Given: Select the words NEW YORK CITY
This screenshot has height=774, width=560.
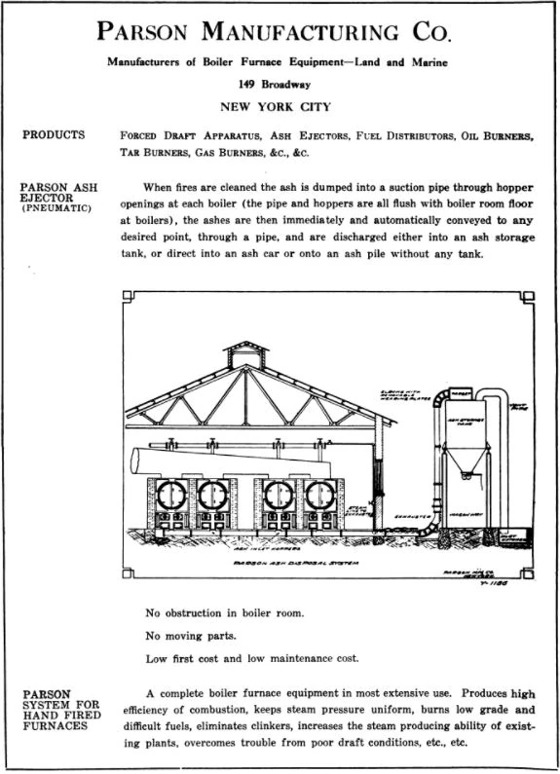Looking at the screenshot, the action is click(x=278, y=106).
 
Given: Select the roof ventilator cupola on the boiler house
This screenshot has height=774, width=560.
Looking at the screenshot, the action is click(x=242, y=352).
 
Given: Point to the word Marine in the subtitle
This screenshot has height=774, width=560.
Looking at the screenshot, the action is click(x=429, y=64).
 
